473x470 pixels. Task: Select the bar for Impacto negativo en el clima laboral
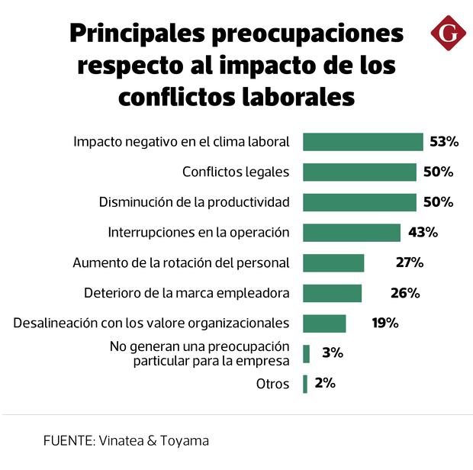point(362,142)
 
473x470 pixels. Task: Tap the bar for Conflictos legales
point(359,172)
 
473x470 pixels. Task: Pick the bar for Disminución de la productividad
point(359,202)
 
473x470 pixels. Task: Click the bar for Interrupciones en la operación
point(352,233)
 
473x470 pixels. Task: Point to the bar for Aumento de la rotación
point(333,262)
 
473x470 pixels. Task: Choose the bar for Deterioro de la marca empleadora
point(332,293)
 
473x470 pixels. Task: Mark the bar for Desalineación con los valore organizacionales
point(324,323)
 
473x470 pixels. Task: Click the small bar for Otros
point(305,384)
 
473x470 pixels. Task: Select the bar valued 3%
point(306,353)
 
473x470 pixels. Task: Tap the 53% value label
point(444,142)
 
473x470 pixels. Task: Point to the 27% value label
point(409,262)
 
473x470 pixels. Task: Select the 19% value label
point(385,323)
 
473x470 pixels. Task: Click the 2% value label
point(324,383)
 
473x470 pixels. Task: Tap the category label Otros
point(272,384)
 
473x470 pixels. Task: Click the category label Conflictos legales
point(236,172)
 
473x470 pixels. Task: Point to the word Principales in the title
point(139,34)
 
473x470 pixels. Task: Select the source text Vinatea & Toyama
point(153,440)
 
